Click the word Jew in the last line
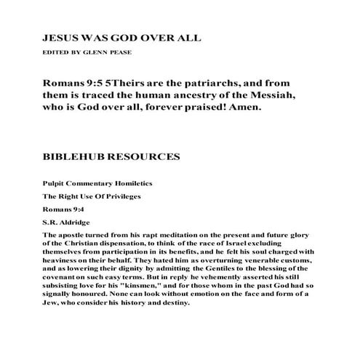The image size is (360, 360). click(51, 303)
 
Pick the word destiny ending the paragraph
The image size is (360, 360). click(172, 303)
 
